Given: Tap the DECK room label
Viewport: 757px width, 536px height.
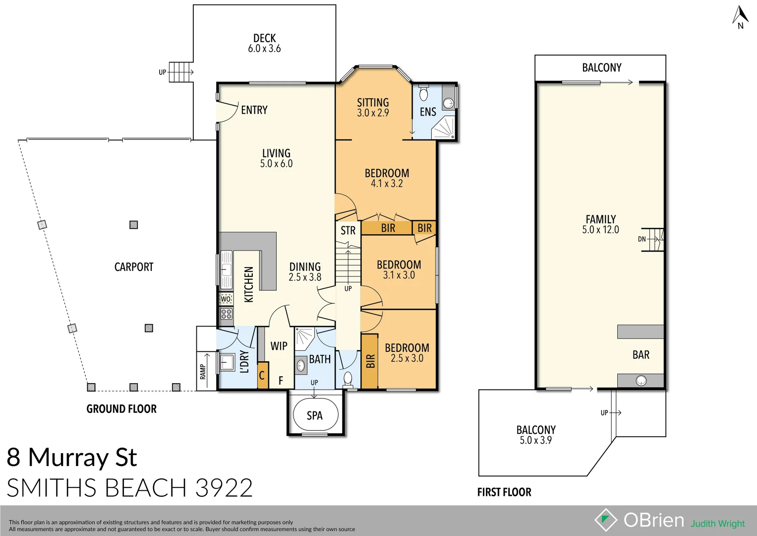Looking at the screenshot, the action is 265,38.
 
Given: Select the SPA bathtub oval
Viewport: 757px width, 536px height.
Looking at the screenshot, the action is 315,415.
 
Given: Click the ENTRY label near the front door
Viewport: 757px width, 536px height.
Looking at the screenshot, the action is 254,110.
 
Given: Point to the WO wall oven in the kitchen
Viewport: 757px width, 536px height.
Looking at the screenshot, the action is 226,299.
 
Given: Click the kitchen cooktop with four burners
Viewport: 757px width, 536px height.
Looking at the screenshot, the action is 226,314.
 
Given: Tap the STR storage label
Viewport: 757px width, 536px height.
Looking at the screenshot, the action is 348,231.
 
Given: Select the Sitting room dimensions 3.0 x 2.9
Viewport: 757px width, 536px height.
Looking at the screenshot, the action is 373,113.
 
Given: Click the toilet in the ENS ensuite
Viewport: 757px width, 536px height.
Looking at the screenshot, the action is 423,93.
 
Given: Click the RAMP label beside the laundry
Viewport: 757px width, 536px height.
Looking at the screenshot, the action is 202,372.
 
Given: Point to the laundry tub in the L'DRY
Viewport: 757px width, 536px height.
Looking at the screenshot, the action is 227,362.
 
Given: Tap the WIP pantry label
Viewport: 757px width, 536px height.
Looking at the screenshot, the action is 279,346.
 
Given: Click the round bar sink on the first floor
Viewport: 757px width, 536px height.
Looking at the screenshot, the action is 641,381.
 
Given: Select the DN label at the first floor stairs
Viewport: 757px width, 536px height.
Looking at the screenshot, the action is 642,239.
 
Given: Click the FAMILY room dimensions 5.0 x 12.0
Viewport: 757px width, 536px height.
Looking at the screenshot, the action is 600,230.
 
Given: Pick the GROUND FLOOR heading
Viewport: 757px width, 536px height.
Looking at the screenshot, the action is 121,409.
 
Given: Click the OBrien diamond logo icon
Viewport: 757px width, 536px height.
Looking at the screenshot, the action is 606,520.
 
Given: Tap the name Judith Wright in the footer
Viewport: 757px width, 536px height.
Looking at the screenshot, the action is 718,524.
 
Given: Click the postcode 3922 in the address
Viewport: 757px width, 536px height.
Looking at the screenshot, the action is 224,487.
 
